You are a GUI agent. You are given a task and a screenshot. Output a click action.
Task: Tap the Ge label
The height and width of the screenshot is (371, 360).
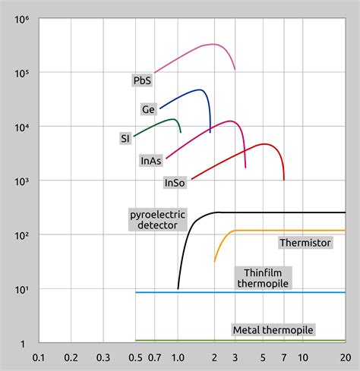(x=149, y=109)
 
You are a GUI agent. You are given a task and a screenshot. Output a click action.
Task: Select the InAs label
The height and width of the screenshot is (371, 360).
(x=150, y=161)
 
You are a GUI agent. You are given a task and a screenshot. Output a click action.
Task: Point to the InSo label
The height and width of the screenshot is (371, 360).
(x=174, y=183)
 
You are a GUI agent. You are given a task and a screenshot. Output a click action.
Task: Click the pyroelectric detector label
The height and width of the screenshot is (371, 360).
(x=157, y=220)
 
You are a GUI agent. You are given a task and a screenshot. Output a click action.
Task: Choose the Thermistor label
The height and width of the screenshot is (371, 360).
(x=305, y=243)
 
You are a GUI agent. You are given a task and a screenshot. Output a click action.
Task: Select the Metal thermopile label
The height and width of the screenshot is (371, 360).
(x=273, y=330)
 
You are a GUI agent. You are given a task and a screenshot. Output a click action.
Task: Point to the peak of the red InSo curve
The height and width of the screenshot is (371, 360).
(x=264, y=144)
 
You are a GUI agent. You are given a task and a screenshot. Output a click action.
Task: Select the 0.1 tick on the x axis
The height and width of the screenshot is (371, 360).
(x=39, y=357)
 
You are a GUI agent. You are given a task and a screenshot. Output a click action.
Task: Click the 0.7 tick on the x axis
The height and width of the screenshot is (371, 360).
(x=155, y=357)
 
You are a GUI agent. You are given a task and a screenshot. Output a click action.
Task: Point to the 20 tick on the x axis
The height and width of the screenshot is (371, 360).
(x=345, y=357)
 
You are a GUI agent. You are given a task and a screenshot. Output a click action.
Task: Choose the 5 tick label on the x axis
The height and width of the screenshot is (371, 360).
(x=263, y=357)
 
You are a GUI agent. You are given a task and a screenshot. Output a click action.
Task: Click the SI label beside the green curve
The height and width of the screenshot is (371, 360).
(x=125, y=138)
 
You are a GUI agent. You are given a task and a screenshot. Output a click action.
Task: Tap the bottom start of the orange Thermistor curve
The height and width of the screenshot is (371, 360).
(x=215, y=262)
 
